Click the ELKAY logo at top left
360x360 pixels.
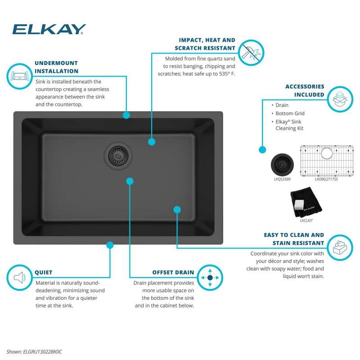(49, 29)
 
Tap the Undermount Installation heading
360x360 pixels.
(56, 67)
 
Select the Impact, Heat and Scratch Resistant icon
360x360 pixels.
(250, 51)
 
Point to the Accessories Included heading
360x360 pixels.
(305, 90)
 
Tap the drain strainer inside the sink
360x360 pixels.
(118, 156)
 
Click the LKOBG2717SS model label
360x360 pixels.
(326, 179)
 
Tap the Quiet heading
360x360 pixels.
(44, 272)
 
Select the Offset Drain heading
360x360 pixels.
(173, 272)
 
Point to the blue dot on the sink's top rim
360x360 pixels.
(126, 115)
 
